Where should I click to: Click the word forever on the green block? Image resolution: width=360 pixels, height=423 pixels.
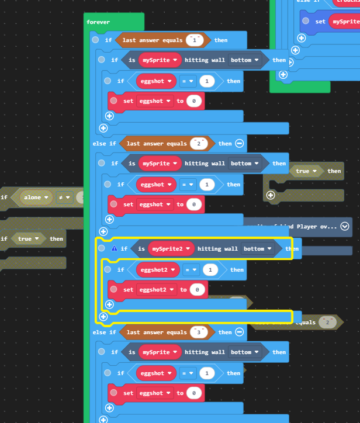pos(98,22)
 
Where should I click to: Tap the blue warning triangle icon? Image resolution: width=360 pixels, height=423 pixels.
pos(114,248)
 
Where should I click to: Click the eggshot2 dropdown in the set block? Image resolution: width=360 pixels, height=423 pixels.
pos(157,290)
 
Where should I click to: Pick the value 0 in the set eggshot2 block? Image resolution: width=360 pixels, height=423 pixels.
pos(197,290)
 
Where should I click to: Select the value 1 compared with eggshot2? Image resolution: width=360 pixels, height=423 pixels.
pos(210,270)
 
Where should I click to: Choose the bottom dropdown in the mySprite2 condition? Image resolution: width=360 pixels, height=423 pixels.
pos(257,249)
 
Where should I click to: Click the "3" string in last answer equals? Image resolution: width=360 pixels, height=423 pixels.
pos(199,332)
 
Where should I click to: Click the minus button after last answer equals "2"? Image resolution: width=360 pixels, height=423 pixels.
pos(240,144)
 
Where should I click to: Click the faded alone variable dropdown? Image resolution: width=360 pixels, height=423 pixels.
pos(36,197)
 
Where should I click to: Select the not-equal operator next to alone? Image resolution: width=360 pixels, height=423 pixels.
pos(64,197)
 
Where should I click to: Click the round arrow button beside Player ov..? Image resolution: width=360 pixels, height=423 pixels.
pos(345,226)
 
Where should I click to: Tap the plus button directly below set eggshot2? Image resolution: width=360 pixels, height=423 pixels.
pos(109,304)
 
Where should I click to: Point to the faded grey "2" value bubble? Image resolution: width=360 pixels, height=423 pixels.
pos(327,323)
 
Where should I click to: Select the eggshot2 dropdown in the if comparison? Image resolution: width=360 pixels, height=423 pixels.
pos(157,270)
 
